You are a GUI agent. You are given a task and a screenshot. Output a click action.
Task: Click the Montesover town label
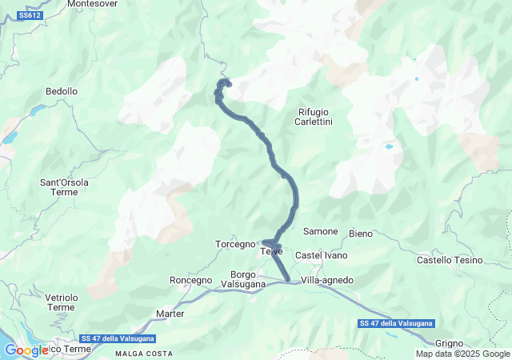pos(92,4)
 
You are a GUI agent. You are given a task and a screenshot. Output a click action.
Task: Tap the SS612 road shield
pos(30,15)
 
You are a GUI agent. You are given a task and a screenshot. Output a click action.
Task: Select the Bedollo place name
pos(62,92)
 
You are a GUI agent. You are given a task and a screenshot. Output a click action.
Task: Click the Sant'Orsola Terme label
pos(65,187)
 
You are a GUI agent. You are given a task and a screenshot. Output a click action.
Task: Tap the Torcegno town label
pos(235,243)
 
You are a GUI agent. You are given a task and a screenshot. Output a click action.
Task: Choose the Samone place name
pos(320,231)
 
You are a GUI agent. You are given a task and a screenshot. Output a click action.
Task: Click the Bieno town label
pos(362,234)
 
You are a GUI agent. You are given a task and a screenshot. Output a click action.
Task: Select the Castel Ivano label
pos(320,255)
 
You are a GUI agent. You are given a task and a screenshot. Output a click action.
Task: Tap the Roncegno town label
pos(191,280)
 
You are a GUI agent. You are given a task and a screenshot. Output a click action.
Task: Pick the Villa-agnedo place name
pos(327,280)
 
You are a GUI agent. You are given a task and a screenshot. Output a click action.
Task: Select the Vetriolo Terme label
pos(61,302)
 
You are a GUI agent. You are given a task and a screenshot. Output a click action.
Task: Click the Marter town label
pos(170,314)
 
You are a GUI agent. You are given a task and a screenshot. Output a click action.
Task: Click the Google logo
pos(26,350)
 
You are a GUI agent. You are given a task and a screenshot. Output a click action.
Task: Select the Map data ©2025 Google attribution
pos(462,354)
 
